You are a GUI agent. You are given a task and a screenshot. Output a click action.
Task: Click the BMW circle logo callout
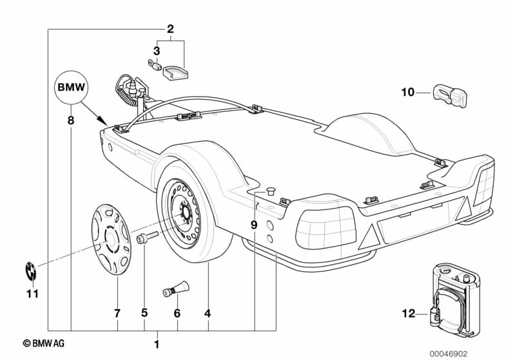click(x=72, y=88)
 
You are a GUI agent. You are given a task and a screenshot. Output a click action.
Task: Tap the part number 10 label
click(x=408, y=92)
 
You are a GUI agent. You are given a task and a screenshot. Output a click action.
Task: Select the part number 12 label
click(x=409, y=314)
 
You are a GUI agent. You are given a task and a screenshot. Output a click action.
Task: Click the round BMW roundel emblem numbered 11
click(x=31, y=271)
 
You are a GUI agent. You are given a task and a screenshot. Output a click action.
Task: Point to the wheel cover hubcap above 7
click(x=111, y=240)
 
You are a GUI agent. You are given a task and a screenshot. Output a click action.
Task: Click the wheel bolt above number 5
click(x=147, y=237)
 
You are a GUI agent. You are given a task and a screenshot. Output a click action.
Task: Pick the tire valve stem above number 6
click(x=176, y=289)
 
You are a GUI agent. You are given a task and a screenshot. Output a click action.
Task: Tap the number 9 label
click(x=254, y=225)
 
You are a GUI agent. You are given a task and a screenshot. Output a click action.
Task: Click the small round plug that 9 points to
click(x=270, y=191)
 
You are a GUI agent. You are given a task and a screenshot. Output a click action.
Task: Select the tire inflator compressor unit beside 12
click(x=455, y=300)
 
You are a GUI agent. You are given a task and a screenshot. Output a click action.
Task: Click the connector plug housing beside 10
click(x=449, y=95)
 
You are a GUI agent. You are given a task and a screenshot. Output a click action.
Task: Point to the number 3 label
click(x=157, y=51)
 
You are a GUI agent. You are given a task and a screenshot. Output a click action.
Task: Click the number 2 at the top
click(x=170, y=29)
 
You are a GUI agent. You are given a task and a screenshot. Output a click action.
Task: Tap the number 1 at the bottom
click(x=157, y=345)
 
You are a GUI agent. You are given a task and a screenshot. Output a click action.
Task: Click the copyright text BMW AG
click(x=44, y=343)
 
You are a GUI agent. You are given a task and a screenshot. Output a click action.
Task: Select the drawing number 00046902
click(x=449, y=354)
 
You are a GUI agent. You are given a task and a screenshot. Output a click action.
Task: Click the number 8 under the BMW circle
click(x=71, y=120)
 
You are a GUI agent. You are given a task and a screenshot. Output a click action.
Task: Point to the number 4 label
click(x=208, y=314)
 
